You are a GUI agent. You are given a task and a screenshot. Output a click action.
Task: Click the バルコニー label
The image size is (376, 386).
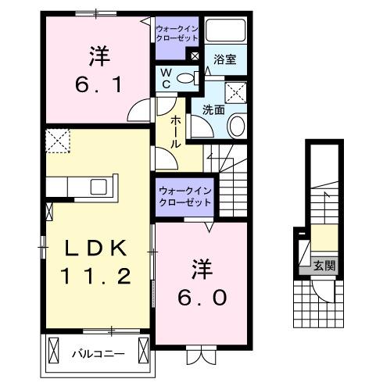point(98,354)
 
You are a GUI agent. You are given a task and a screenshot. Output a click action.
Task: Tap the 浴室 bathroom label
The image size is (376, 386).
point(227,59)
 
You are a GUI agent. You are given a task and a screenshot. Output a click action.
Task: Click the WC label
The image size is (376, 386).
point(165,78)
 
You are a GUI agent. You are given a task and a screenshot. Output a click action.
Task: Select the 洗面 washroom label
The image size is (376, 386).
point(214,110)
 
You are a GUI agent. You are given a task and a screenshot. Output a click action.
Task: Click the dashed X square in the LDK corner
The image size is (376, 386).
point(58,142)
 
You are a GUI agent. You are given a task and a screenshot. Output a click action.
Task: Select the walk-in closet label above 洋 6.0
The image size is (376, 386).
point(184,196)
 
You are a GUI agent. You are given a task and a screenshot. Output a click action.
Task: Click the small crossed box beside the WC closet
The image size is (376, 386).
point(195,57)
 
